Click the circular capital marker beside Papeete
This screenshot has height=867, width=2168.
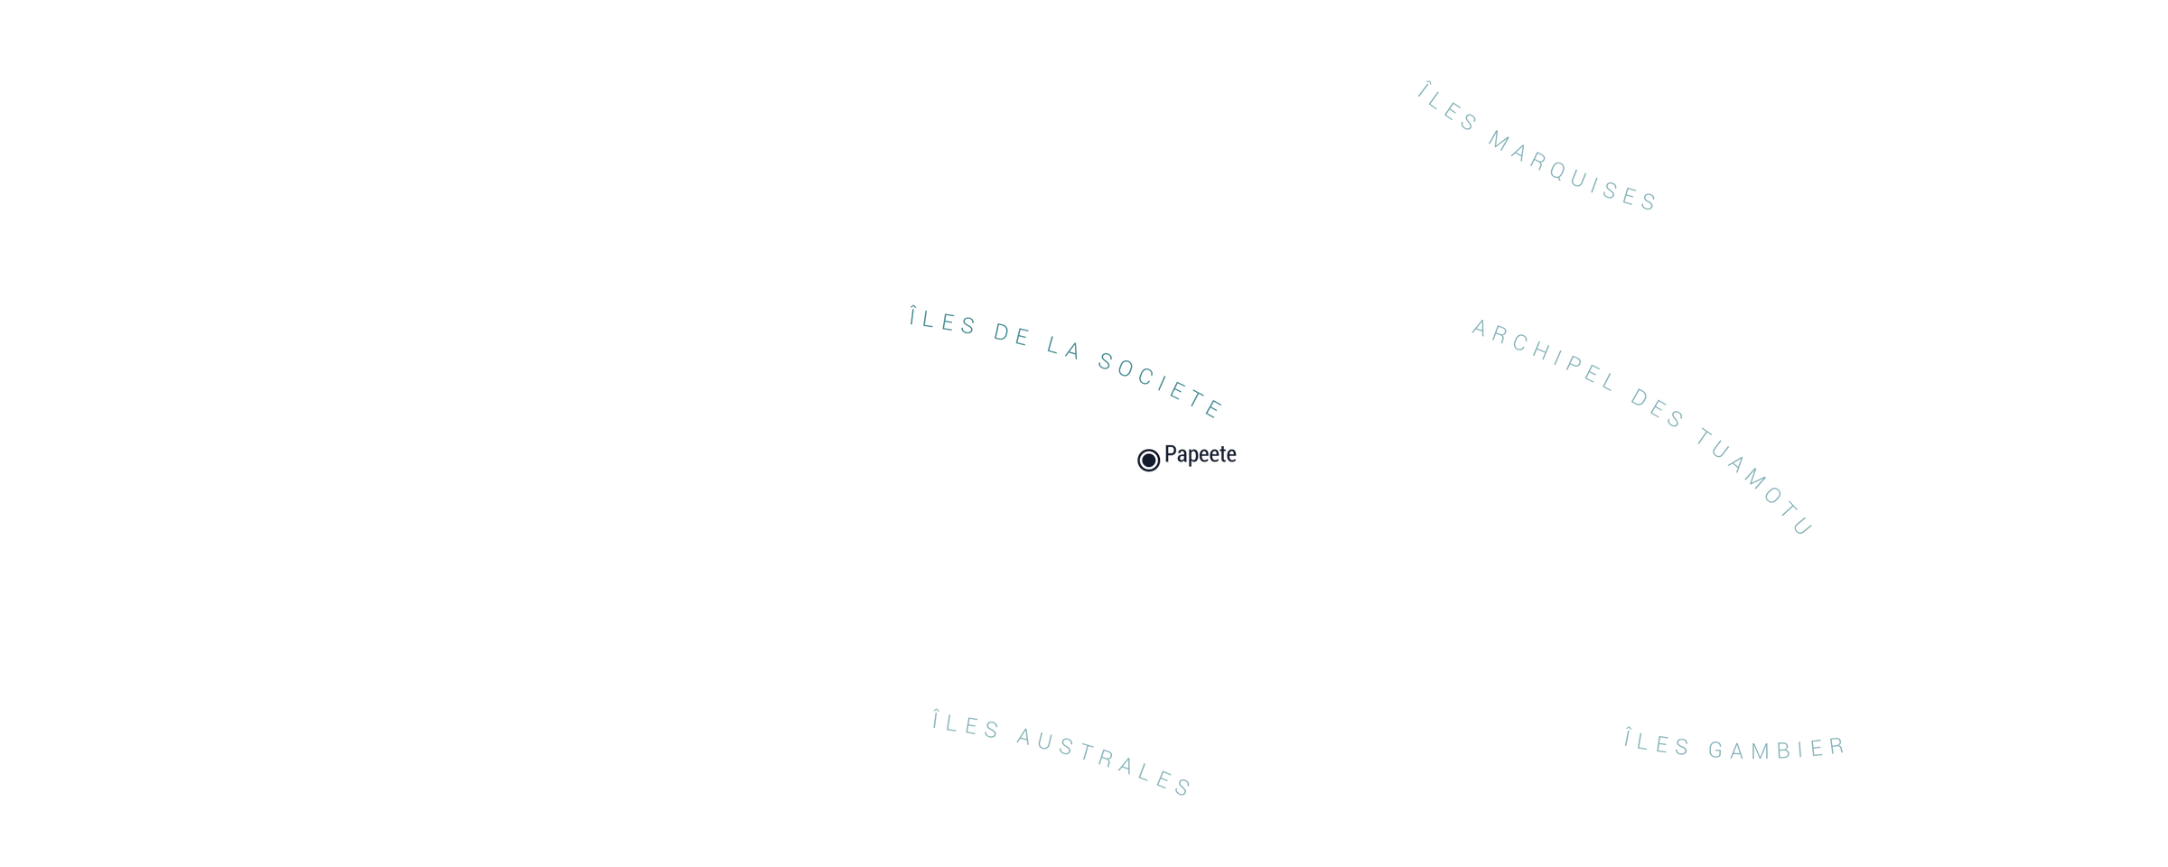click(1148, 461)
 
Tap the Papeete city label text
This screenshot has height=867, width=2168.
click(1200, 454)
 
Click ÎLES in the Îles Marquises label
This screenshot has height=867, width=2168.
click(1448, 107)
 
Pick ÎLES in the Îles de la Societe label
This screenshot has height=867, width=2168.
click(943, 321)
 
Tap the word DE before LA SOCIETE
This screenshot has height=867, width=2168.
click(1012, 335)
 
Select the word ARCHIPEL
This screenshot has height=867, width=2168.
click(1544, 355)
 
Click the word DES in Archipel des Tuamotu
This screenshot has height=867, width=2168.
click(1658, 408)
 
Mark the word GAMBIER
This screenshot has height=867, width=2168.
click(1777, 749)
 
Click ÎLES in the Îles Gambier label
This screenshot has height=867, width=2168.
click(1657, 742)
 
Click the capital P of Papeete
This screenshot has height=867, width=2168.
click(1171, 453)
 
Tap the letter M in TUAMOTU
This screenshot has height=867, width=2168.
click(1754, 480)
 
